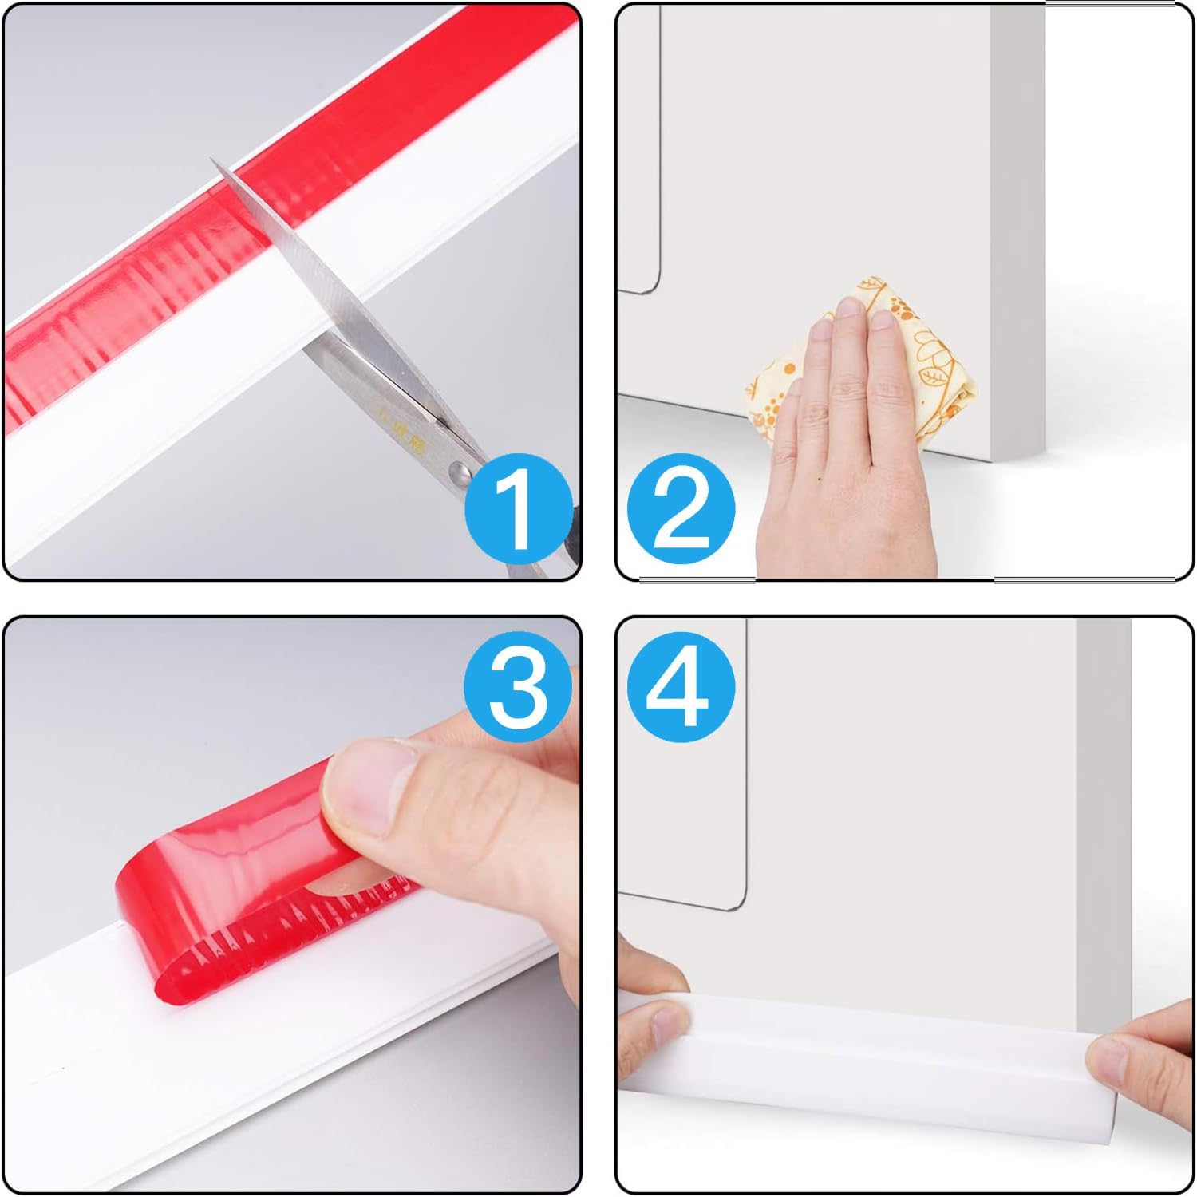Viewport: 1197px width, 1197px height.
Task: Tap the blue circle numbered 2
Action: click(x=681, y=507)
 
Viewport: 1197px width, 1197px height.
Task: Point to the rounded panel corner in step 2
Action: click(x=650, y=286)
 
